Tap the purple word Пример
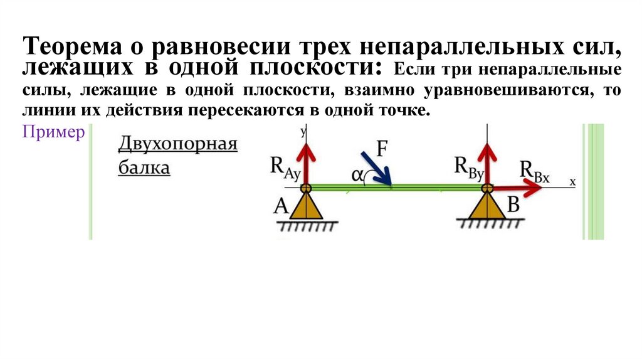tap(53, 132)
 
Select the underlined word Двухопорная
tap(178, 145)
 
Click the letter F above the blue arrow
tap(382, 149)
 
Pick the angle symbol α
tap(358, 176)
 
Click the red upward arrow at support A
tap(305, 160)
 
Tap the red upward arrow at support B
tap(487, 160)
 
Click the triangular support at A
tap(305, 206)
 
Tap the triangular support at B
tap(487, 206)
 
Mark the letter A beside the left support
tap(280, 206)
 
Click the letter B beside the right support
tap(513, 204)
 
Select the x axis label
tap(572, 181)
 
